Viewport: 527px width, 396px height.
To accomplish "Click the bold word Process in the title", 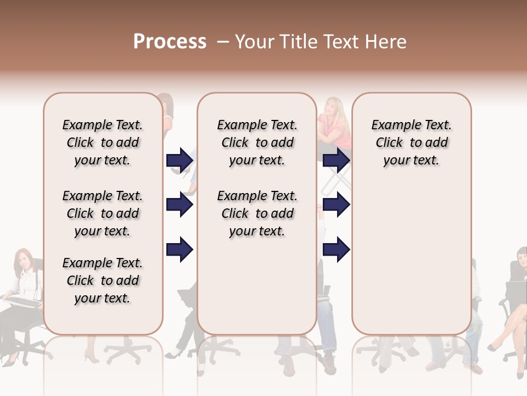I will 170,42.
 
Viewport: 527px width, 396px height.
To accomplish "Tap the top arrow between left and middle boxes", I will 180,160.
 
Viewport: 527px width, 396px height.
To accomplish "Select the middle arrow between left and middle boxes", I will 180,205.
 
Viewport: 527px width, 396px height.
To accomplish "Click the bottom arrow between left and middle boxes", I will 180,250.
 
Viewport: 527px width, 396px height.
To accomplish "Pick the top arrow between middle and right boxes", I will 336,160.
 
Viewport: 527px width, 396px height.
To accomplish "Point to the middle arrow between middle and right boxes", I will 336,205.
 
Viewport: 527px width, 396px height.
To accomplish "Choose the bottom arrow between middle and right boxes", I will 336,250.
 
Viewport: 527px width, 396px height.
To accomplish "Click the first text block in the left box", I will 103,142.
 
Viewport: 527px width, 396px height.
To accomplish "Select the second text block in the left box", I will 103,213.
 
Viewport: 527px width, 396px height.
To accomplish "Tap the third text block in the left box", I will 103,280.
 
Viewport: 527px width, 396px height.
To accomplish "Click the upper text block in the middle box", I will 257,142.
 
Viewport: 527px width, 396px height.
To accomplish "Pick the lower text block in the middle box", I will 257,213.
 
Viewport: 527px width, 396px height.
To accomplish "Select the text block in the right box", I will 411,142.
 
